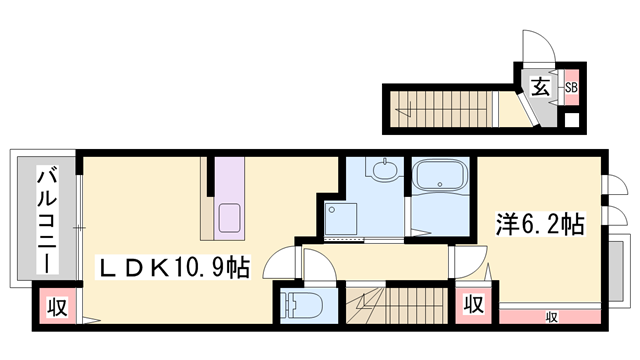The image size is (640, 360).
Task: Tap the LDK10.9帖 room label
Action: point(172,267)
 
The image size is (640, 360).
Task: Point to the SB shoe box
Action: point(571,87)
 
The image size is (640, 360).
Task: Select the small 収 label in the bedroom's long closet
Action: point(551,317)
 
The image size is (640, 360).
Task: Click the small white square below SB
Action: point(571,122)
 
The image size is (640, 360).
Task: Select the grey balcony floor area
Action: point(22,220)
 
